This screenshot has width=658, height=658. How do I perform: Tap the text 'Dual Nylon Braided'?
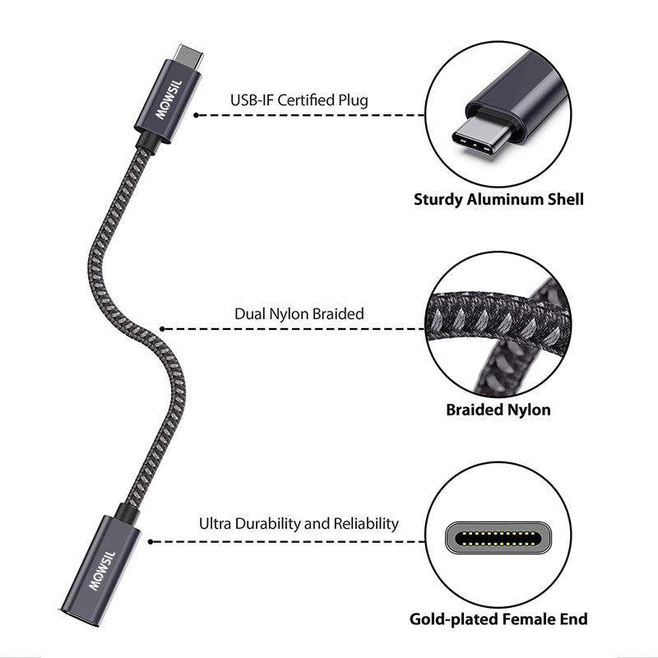coord(299,313)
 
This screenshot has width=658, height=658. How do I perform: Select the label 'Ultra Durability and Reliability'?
coord(299,523)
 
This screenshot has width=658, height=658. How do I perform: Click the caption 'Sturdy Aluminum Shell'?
coord(499,199)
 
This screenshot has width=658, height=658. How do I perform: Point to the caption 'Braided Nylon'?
coord(498,410)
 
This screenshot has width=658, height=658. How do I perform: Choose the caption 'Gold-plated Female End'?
coord(499,619)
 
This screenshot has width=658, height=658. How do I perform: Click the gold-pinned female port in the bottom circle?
coord(498,539)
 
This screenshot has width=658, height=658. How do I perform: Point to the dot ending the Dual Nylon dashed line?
coord(162,329)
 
